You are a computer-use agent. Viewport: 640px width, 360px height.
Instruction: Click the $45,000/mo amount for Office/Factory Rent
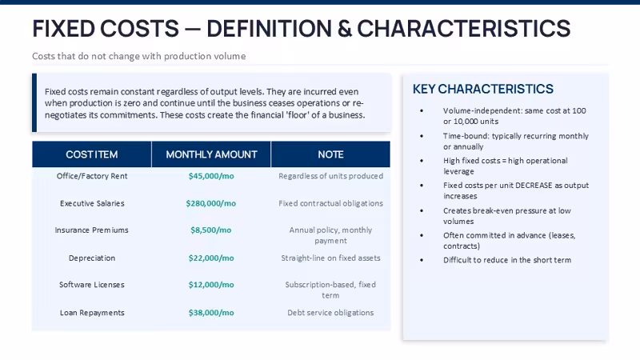tap(211, 176)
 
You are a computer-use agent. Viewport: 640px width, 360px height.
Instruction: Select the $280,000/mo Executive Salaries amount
tap(211, 203)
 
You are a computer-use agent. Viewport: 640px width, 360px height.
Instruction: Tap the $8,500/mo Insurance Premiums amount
tap(211, 230)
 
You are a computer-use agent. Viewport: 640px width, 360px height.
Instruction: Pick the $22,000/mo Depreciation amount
tap(211, 258)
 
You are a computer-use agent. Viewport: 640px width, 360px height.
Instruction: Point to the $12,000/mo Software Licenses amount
tap(211, 285)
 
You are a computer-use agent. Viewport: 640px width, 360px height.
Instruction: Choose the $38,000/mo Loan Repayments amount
tap(211, 313)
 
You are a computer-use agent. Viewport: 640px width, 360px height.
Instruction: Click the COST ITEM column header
tap(92, 154)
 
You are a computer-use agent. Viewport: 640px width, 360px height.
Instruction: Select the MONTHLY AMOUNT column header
tap(211, 154)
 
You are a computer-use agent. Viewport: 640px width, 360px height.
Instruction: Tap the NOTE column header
tap(330, 154)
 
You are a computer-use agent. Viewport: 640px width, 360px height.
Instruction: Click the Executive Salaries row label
tap(92, 203)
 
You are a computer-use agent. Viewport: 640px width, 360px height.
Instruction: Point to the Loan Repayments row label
tap(92, 313)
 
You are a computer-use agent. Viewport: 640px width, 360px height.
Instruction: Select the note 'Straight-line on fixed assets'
tap(330, 258)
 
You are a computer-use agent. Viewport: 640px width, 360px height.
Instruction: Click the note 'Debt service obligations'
tap(330, 313)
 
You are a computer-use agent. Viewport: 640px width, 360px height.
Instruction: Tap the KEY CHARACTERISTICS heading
tap(483, 89)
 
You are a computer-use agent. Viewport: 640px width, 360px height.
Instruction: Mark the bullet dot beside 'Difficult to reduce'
tap(422, 260)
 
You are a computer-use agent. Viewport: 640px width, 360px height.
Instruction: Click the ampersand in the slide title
tap(345, 29)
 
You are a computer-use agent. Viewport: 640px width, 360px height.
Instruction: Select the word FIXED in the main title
tap(64, 29)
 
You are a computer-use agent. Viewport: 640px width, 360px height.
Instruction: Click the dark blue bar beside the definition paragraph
tap(34, 102)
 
